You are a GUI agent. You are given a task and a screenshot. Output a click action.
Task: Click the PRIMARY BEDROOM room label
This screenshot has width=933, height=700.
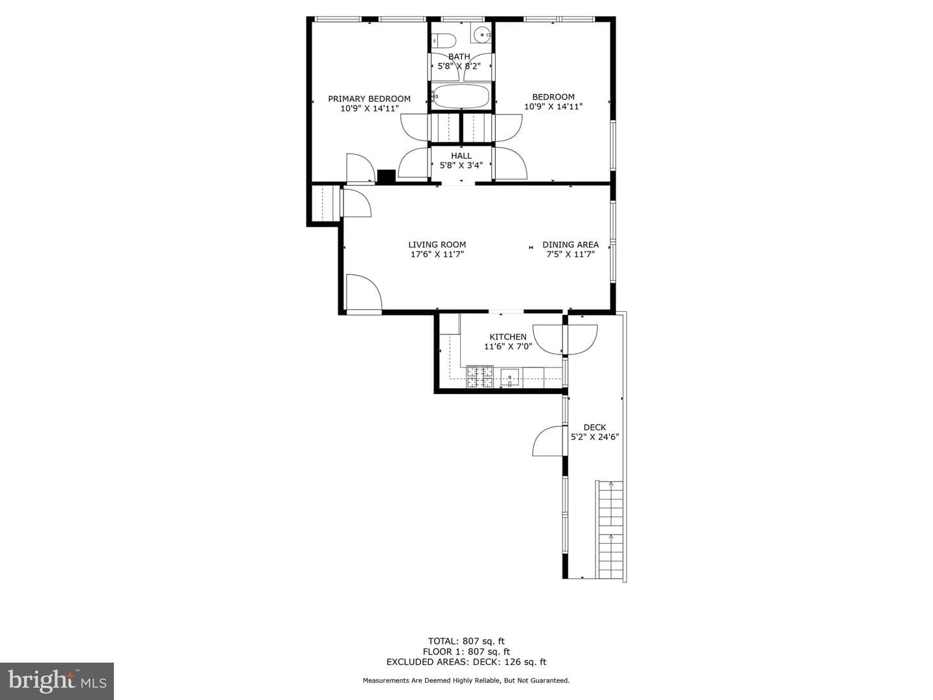pos(369,99)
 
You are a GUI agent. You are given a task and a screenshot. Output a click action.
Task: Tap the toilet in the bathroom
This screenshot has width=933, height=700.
pos(444,41)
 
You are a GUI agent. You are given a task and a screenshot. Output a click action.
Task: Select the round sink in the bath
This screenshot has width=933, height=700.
pos(481,32)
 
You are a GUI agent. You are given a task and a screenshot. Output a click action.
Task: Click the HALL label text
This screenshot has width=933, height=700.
pos(461,156)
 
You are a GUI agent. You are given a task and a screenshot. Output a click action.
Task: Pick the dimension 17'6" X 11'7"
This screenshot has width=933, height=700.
pos(437,254)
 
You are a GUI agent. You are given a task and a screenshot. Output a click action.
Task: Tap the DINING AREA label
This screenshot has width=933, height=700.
pos(570,244)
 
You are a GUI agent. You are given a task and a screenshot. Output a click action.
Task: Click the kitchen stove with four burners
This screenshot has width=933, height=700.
pos(480,377)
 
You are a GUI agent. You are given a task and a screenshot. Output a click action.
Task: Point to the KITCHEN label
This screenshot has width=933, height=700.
pos(508,336)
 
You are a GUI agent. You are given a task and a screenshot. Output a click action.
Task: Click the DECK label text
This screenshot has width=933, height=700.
pos(595,427)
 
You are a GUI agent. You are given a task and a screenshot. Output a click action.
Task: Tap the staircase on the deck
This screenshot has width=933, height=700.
pos(610,530)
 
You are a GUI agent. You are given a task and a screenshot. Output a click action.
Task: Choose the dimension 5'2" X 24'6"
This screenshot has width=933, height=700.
pos(595,436)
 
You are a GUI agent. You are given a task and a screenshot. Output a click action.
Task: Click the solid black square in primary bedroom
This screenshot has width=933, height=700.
pos(386,176)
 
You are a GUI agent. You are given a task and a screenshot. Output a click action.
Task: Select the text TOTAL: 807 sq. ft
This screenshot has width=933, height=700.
pos(466,641)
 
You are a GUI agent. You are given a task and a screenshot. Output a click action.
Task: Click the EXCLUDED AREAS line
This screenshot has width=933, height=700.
pos(466,662)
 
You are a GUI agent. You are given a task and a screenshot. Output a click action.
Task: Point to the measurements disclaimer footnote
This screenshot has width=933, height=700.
pos(466,681)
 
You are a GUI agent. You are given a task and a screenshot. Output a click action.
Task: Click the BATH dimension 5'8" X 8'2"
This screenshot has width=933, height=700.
pos(459,66)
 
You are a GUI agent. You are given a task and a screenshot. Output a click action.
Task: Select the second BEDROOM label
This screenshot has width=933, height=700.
pos(553,97)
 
